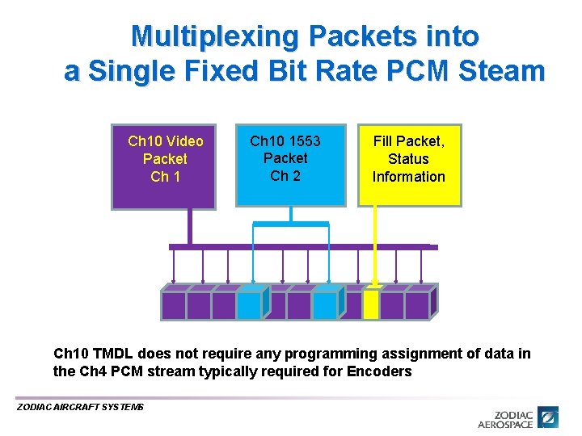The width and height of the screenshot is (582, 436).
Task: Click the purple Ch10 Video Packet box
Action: point(164,166)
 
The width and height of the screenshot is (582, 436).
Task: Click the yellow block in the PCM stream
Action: point(371,304)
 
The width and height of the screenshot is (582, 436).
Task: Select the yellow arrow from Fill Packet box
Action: point(374,242)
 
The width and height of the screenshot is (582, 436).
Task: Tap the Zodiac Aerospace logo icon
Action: point(550,417)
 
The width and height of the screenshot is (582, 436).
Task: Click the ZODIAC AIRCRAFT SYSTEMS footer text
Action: point(80,407)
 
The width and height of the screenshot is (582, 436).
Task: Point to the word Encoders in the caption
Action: point(379,371)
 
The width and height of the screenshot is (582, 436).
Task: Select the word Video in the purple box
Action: point(183,142)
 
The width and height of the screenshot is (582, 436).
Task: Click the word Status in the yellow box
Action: point(408,159)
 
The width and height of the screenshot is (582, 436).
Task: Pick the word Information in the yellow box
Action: point(408,177)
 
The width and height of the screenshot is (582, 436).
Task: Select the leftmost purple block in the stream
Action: point(173,304)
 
